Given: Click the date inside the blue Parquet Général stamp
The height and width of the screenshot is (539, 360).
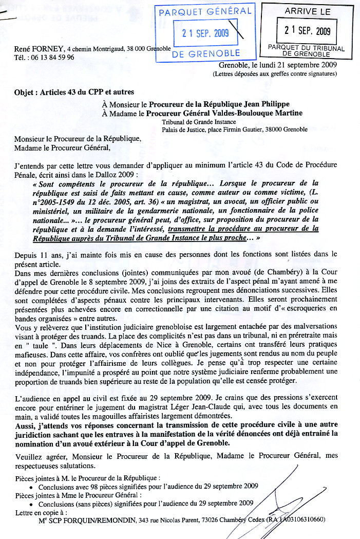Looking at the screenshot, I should point(205,33).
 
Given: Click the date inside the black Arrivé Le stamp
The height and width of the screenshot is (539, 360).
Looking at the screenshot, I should point(307,30).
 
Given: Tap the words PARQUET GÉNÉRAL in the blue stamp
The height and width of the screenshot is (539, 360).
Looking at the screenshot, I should point(205,11).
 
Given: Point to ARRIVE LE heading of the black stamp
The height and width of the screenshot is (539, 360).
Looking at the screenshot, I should point(307,11).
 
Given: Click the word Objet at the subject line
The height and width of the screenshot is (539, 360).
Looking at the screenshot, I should point(26,92).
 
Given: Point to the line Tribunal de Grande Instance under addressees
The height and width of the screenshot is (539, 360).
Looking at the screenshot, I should point(198,122).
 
